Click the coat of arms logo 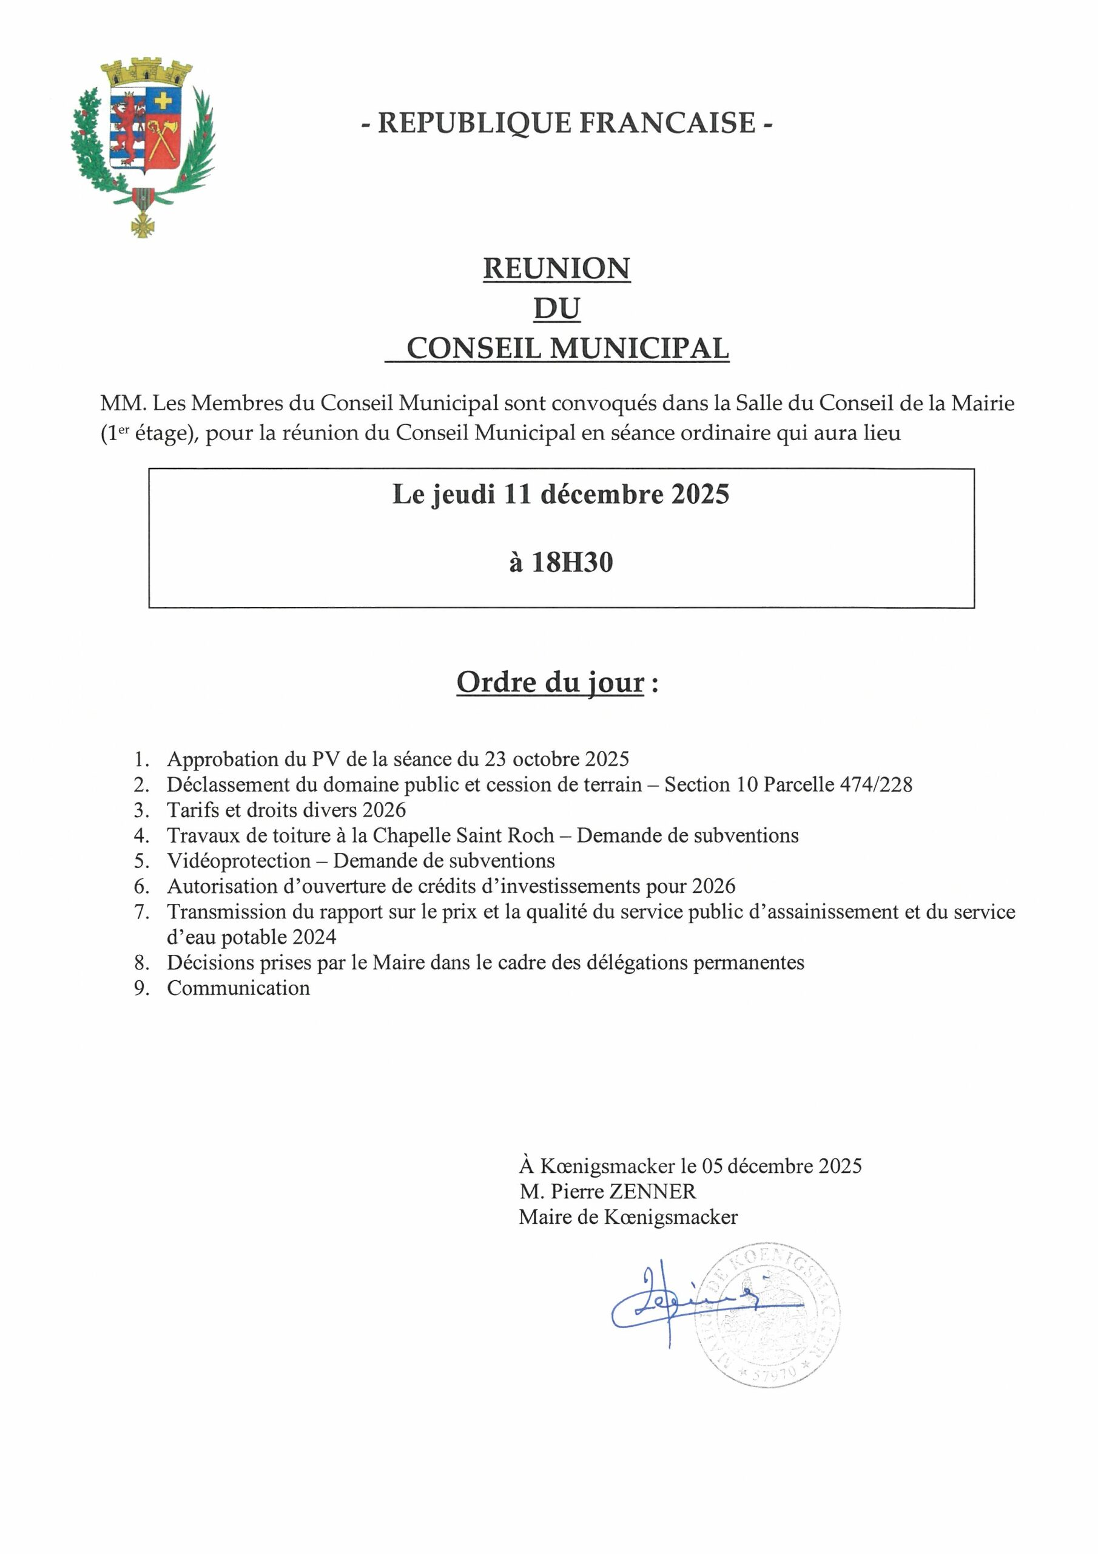(143, 146)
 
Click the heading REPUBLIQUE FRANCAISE (567, 123)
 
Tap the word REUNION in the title (556, 269)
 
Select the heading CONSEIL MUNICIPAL (567, 348)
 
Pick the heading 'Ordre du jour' (550, 682)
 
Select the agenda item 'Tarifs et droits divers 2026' (286, 810)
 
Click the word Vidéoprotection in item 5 (238, 861)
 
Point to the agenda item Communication (238, 988)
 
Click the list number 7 (141, 912)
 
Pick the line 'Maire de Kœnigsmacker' (628, 1217)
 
